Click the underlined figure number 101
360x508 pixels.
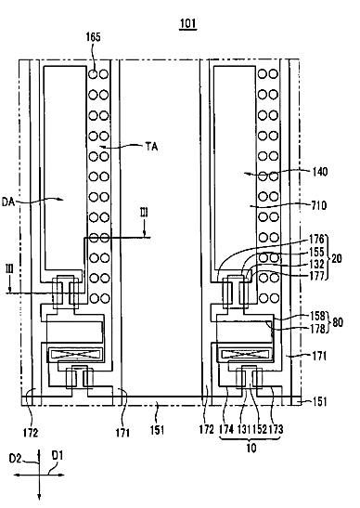[187, 23]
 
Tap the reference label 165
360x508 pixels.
[93, 37]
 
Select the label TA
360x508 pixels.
[151, 147]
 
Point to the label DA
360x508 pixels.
[8, 202]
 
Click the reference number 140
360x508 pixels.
[319, 172]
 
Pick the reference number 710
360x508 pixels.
[318, 205]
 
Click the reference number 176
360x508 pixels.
[316, 239]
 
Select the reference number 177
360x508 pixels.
[316, 276]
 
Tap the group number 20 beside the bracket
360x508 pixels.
[337, 258]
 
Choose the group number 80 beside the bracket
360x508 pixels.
[338, 322]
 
